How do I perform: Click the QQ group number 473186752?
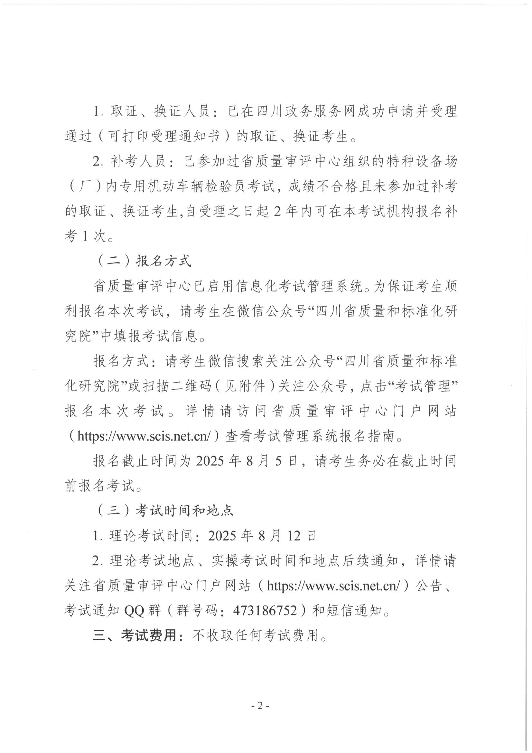tap(265, 610)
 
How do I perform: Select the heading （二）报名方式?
tap(144, 262)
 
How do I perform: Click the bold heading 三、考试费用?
tap(139, 635)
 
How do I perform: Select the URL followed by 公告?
tap(333, 586)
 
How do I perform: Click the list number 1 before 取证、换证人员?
tap(96, 111)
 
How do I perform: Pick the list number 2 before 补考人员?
tap(96, 162)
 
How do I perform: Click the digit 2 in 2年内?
tap(277, 212)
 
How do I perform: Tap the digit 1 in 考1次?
tap(85, 236)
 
